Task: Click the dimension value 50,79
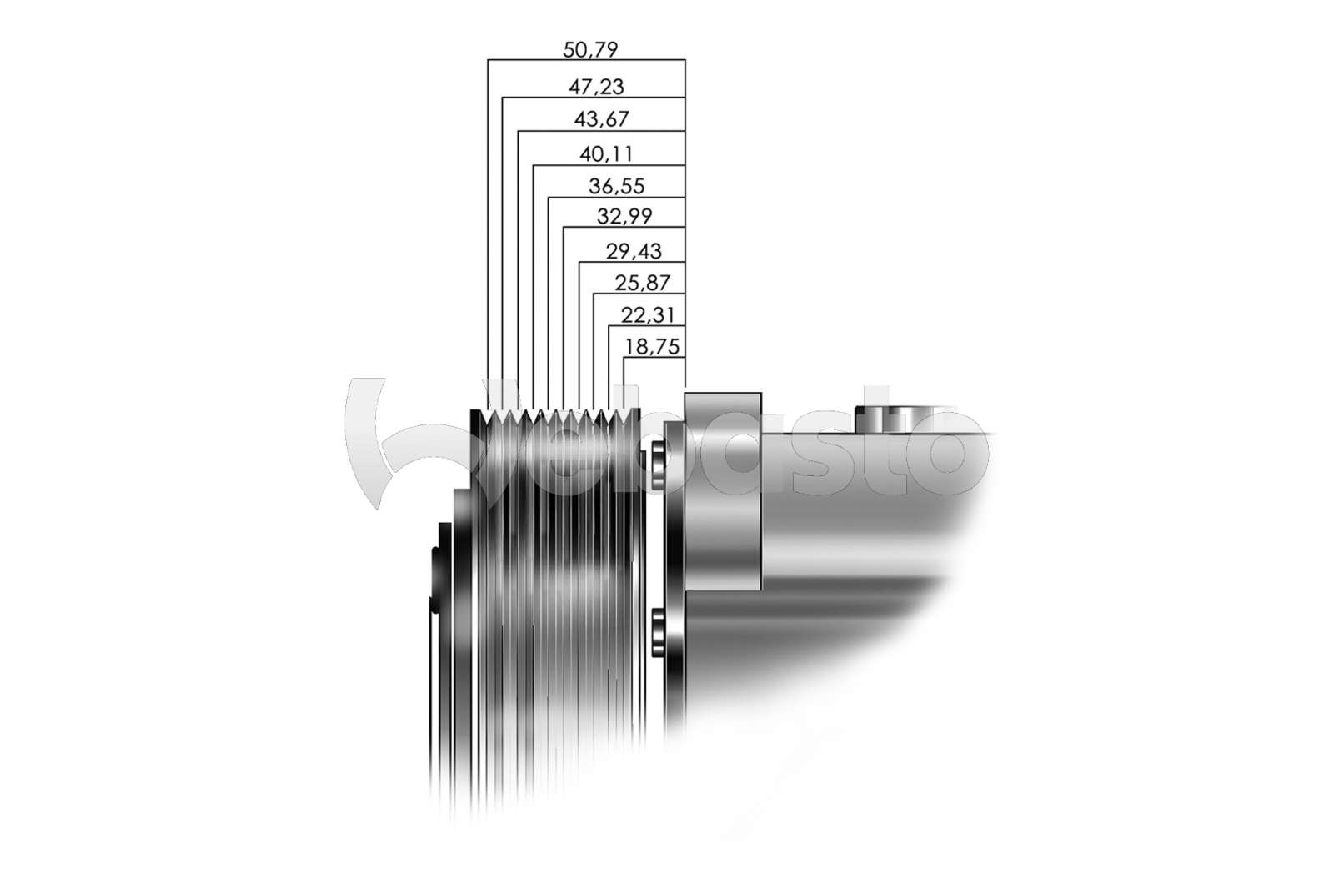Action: click(x=590, y=49)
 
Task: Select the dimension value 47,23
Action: click(x=596, y=87)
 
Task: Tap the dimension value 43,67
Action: click(x=601, y=120)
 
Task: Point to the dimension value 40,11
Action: click(x=606, y=154)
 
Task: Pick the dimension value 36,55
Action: click(x=616, y=187)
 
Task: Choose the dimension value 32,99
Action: click(x=624, y=216)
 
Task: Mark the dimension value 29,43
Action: click(x=634, y=251)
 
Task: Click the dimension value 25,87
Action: click(x=642, y=283)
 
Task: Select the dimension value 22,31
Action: click(x=648, y=315)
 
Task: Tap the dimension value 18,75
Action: click(x=653, y=347)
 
